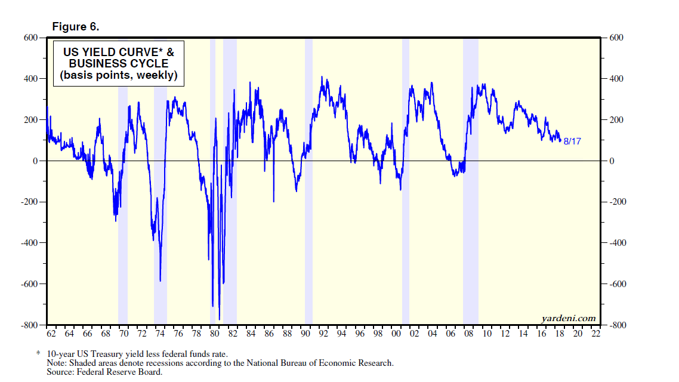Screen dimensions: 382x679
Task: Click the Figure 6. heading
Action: tap(76, 27)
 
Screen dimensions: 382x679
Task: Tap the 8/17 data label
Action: tap(572, 141)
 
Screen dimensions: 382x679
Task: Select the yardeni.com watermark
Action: tap(569, 318)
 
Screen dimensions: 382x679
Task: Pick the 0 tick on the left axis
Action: tap(35, 161)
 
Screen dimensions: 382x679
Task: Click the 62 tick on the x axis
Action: tap(51, 333)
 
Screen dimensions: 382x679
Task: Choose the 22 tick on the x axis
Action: tap(595, 333)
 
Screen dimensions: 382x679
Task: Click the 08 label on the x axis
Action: tap(469, 333)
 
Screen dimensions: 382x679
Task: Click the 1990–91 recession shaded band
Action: tap(308, 239)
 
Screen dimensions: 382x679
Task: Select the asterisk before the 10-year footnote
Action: tap(39, 353)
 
